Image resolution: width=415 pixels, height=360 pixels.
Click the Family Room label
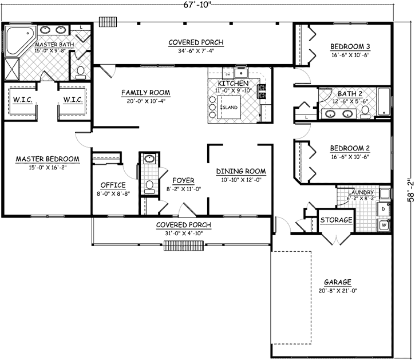145,92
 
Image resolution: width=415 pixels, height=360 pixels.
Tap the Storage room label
336,220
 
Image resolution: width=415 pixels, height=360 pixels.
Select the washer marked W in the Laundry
383,225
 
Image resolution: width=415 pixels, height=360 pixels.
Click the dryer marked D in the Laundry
383,210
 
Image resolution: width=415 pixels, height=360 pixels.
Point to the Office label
113,185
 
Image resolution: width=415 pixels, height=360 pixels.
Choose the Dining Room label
241,171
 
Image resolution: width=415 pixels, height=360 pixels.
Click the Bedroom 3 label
350,46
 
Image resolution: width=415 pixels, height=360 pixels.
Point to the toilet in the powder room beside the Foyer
149,185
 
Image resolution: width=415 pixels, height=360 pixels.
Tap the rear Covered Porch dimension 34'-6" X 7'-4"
195,51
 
